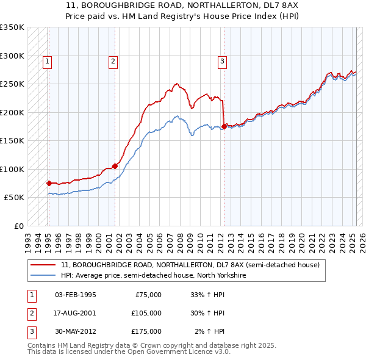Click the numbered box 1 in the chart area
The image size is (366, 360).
coord(47,60)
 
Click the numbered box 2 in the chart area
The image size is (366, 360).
coord(113,60)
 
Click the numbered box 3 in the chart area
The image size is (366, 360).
coord(222,60)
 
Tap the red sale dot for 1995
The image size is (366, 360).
coord(49,183)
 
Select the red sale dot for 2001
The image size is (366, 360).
coord(115,165)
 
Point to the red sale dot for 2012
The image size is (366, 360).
coord(224,126)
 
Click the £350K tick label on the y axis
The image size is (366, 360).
coord(12,27)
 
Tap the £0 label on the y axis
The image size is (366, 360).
coord(18,226)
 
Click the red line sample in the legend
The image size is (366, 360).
coord(43,265)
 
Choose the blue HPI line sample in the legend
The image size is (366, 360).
coord(43,276)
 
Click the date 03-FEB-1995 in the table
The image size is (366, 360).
coord(76,295)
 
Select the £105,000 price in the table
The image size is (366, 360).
coord(146,313)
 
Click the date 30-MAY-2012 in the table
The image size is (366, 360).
coord(76,331)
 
